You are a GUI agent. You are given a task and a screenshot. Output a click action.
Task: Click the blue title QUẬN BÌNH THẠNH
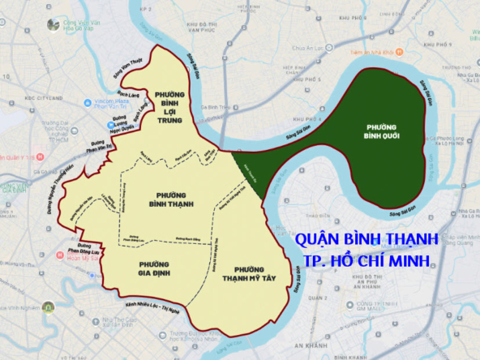click(367, 241)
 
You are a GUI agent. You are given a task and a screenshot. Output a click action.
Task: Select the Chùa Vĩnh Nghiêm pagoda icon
click(48, 307)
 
